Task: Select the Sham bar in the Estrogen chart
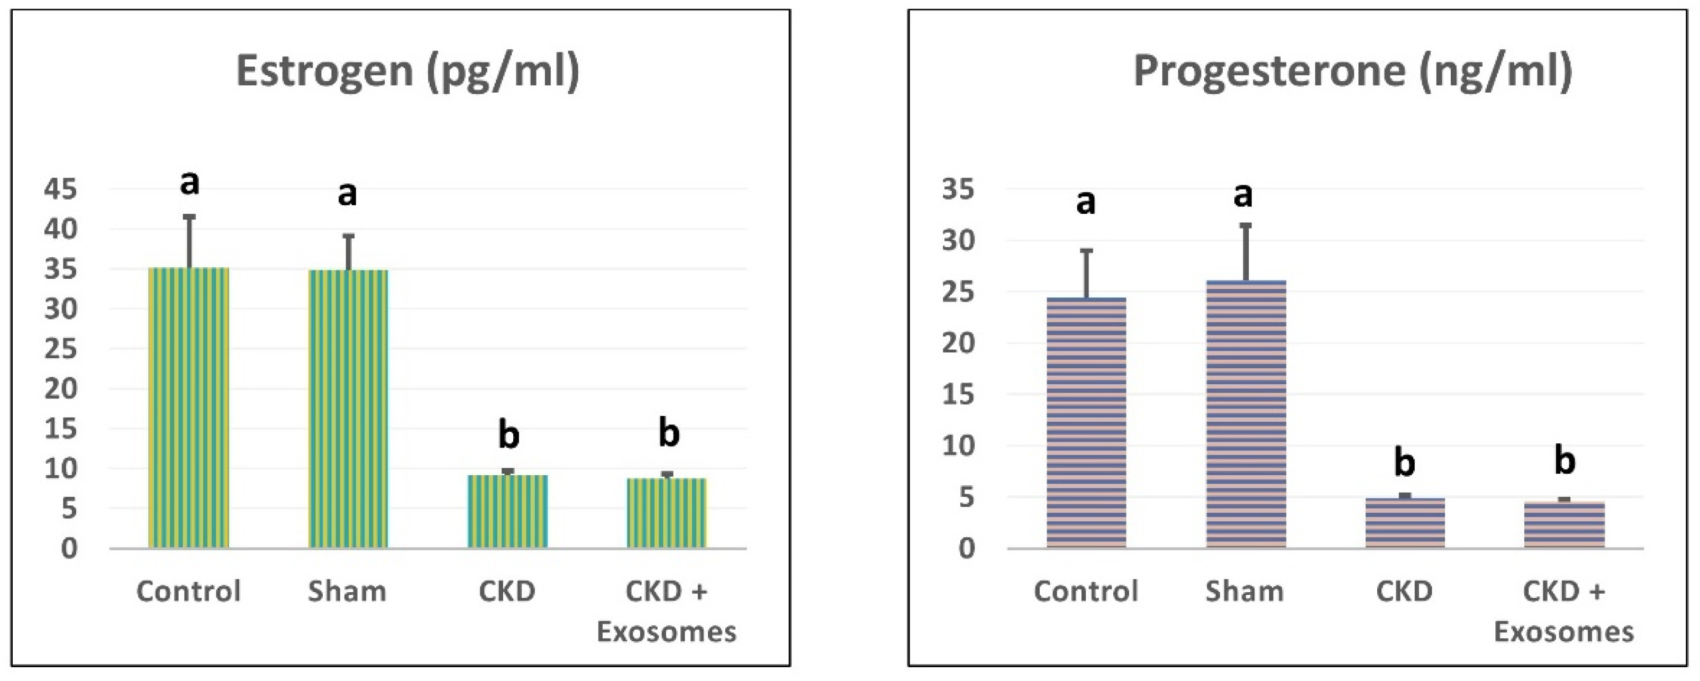(348, 409)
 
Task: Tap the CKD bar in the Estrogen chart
(507, 511)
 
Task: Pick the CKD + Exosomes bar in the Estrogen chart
(667, 513)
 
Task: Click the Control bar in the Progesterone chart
(1086, 422)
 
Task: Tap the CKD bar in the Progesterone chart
(1405, 523)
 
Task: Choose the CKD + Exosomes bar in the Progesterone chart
(1564, 524)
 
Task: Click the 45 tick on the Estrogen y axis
(61, 190)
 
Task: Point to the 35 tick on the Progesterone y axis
(958, 190)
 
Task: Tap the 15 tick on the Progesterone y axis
(958, 395)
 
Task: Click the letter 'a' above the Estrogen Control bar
(189, 182)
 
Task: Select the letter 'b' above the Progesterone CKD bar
(1404, 462)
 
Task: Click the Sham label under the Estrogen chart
(347, 591)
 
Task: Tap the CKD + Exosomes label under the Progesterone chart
(1564, 611)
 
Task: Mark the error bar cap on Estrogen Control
(189, 216)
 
